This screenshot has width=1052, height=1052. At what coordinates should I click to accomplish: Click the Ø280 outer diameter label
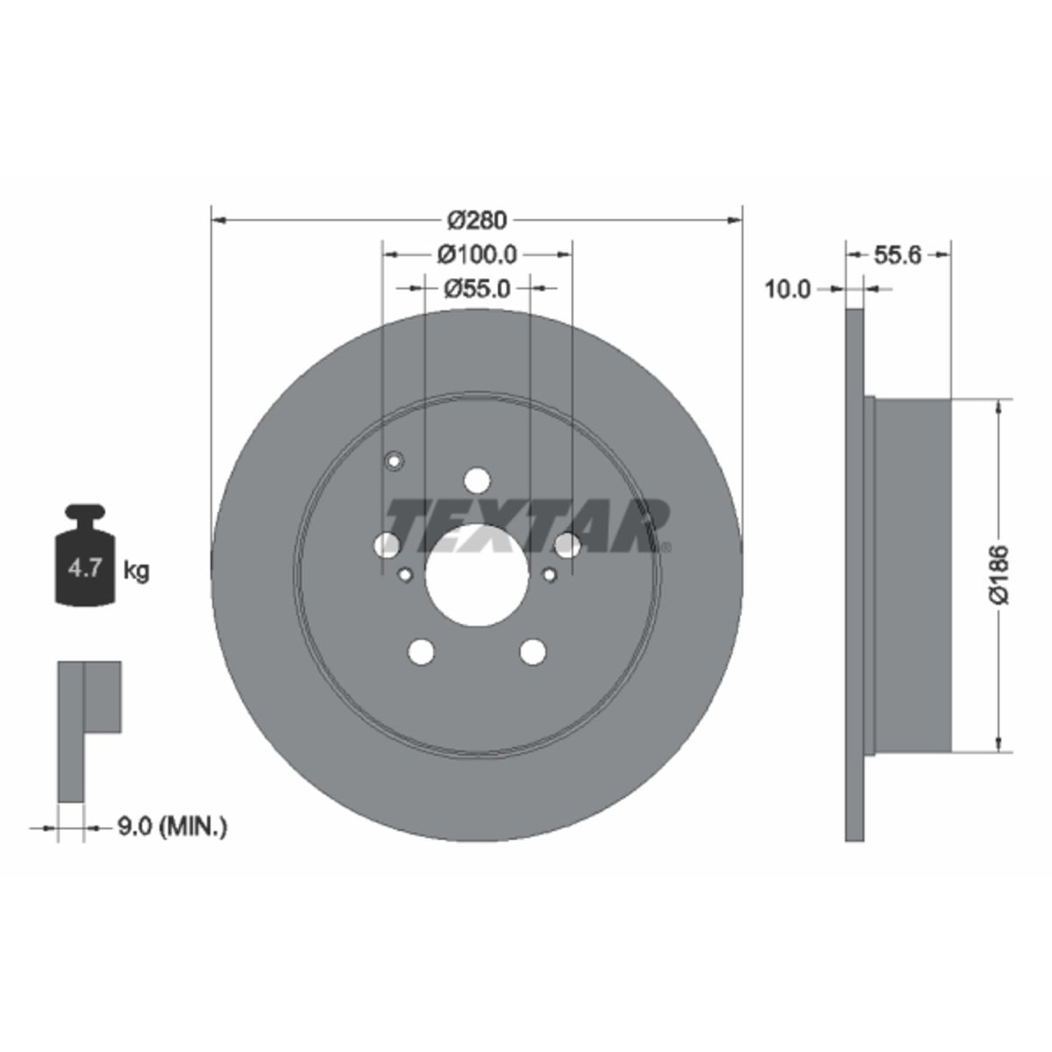tap(477, 220)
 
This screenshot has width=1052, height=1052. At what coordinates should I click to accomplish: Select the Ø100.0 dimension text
tap(477, 254)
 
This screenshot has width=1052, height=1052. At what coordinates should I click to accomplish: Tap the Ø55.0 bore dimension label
tap(477, 288)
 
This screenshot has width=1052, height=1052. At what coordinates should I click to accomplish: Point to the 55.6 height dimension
tap(898, 254)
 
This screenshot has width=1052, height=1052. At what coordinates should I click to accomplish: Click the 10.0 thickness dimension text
tap(788, 288)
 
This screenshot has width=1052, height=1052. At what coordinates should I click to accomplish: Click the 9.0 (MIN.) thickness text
tap(173, 842)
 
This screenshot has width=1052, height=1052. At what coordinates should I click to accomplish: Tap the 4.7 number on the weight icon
tap(85, 568)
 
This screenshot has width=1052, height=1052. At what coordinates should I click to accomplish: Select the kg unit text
tap(136, 572)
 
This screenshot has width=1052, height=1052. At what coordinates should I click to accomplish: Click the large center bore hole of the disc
tap(477, 574)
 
